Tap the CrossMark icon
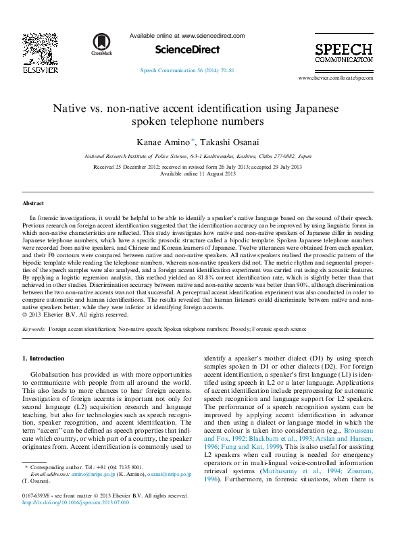tap(103, 45)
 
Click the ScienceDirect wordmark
tap(187, 49)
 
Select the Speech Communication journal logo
tap(343, 53)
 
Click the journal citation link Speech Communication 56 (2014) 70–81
tap(186, 70)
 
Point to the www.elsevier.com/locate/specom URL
tap(335, 78)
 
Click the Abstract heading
tap(33, 203)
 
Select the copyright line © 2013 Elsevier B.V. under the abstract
tap(75, 315)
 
